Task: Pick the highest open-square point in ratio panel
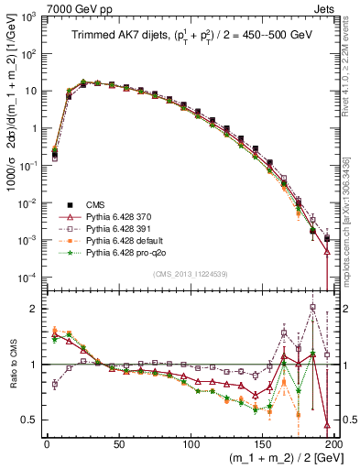tap(313, 308)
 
